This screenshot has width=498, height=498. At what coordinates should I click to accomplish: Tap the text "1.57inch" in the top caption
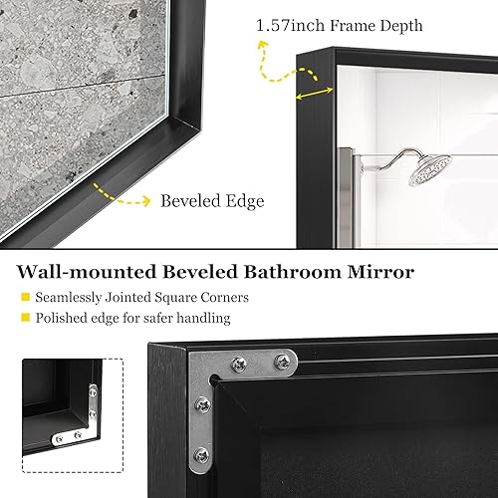pos(285,24)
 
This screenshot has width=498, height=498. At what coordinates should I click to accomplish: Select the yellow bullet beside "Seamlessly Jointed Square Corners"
pos(24,297)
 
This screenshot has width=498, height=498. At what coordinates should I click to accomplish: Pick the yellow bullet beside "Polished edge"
pos(24,319)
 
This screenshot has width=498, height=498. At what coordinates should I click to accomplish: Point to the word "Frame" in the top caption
pos(346,24)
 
